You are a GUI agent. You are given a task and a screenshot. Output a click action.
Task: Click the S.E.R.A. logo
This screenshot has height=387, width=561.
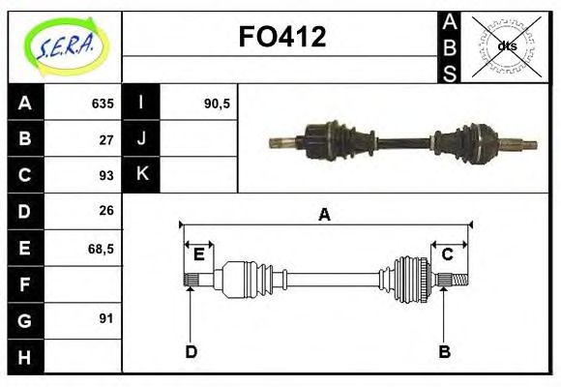65,45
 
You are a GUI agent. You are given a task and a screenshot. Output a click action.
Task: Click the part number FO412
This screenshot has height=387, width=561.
281,37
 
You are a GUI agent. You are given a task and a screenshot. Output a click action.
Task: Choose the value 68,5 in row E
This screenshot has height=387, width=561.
102,248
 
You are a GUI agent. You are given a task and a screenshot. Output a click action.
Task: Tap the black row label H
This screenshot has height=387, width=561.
25,356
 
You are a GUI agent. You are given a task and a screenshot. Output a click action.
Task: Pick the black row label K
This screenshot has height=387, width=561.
142,174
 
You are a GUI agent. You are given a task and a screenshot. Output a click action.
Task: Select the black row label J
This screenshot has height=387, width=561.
142,138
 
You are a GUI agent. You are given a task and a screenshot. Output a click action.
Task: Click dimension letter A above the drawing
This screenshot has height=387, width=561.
325,215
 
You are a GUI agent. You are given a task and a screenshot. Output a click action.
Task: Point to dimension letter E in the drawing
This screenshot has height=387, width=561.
198,254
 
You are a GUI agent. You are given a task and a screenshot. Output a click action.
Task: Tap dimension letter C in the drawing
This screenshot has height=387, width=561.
448,254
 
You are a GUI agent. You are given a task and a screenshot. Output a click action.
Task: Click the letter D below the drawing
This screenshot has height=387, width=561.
191,351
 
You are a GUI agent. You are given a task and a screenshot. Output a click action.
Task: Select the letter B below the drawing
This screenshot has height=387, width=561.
444,351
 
